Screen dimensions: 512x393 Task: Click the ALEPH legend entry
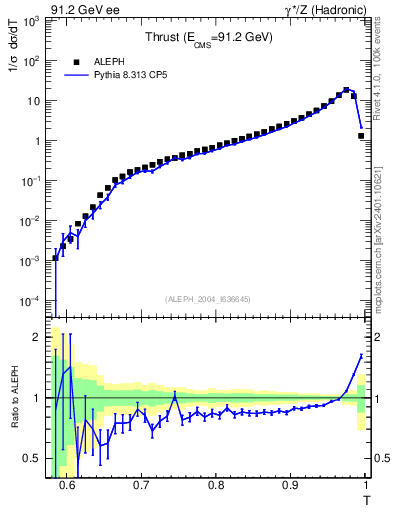click(x=106, y=61)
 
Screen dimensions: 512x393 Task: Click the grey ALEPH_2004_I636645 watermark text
click(x=209, y=298)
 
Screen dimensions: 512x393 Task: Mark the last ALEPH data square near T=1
click(x=361, y=136)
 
